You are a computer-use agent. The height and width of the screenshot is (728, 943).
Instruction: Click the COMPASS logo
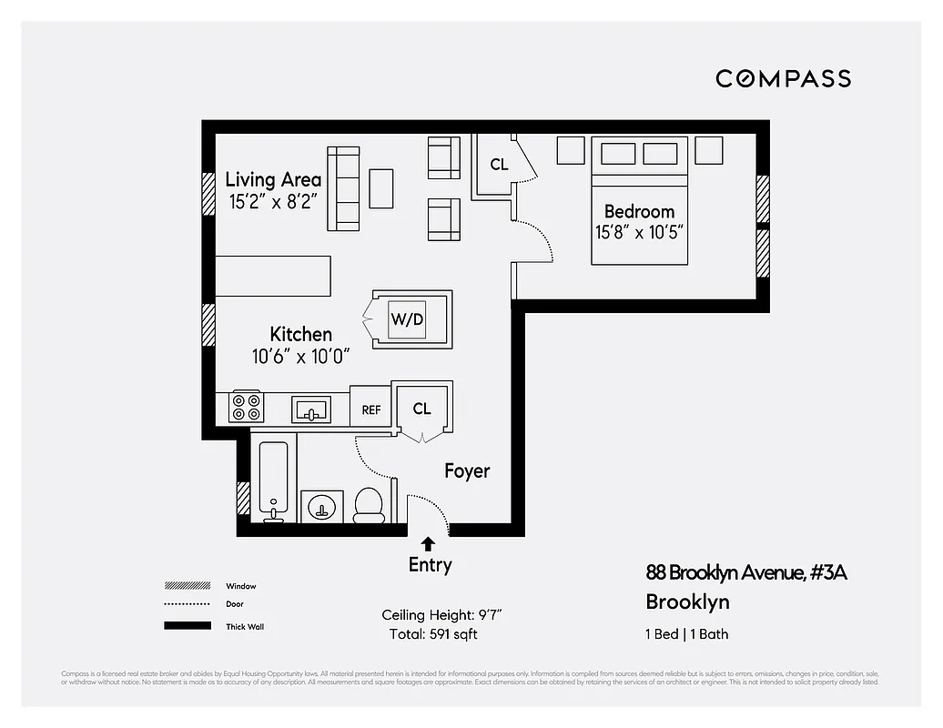783,78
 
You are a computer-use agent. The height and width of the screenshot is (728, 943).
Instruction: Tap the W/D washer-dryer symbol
407,319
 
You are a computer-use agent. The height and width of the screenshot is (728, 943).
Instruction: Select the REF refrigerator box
370,409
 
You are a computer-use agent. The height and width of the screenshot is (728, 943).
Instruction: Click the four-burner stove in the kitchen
246,406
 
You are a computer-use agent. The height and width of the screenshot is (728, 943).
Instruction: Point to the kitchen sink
312,409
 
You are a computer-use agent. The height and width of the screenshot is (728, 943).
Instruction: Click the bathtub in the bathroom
273,479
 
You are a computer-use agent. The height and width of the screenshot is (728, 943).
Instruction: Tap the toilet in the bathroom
369,505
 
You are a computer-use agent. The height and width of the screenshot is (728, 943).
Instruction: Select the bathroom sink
321,507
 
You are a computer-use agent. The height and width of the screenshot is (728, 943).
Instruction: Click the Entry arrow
428,545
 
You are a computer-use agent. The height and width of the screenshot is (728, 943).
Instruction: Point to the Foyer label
467,470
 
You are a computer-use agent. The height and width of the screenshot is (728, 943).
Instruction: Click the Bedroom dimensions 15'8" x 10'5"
639,232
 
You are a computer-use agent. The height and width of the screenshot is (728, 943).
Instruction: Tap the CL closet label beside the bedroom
499,165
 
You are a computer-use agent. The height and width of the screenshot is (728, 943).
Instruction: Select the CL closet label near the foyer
421,409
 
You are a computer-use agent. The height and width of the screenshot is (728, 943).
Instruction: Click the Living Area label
273,179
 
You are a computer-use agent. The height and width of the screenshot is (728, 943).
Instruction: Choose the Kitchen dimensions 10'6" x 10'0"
300,357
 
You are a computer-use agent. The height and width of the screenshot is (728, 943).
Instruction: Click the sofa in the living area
344,188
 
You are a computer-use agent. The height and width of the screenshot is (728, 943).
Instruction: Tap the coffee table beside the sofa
380,188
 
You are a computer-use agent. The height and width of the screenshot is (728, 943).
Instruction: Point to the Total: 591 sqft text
433,634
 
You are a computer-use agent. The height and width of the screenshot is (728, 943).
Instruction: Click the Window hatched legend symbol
187,586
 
